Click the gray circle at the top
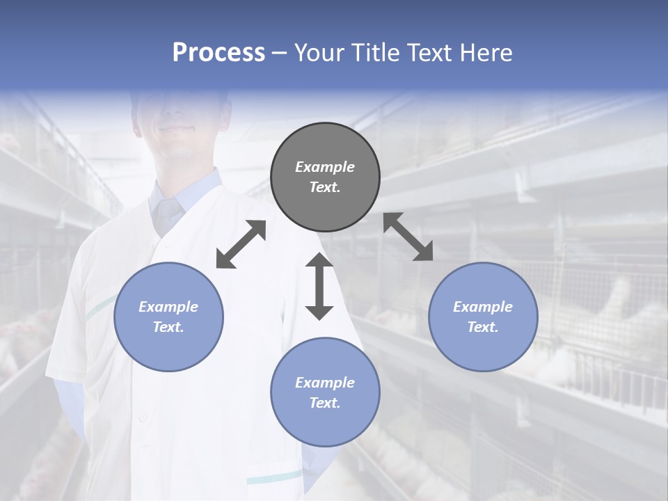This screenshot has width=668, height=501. click(x=325, y=177)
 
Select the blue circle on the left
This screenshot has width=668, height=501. click(x=168, y=317)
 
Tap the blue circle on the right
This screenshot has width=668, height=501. click(x=483, y=317)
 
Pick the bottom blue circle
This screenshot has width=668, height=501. click(x=325, y=392)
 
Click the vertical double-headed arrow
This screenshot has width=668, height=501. click(x=319, y=286)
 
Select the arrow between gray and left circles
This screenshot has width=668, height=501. click(x=241, y=244)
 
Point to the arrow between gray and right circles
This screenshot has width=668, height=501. click(x=408, y=237)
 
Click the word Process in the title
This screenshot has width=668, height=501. click(x=218, y=52)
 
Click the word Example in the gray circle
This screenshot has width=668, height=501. click(x=325, y=167)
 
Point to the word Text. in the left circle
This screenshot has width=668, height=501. click(x=168, y=327)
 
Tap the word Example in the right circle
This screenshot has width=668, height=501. click(x=483, y=307)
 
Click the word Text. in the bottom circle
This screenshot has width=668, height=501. click(x=325, y=403)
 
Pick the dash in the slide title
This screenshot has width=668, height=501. click(x=280, y=53)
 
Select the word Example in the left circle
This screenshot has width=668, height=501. click(x=168, y=307)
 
